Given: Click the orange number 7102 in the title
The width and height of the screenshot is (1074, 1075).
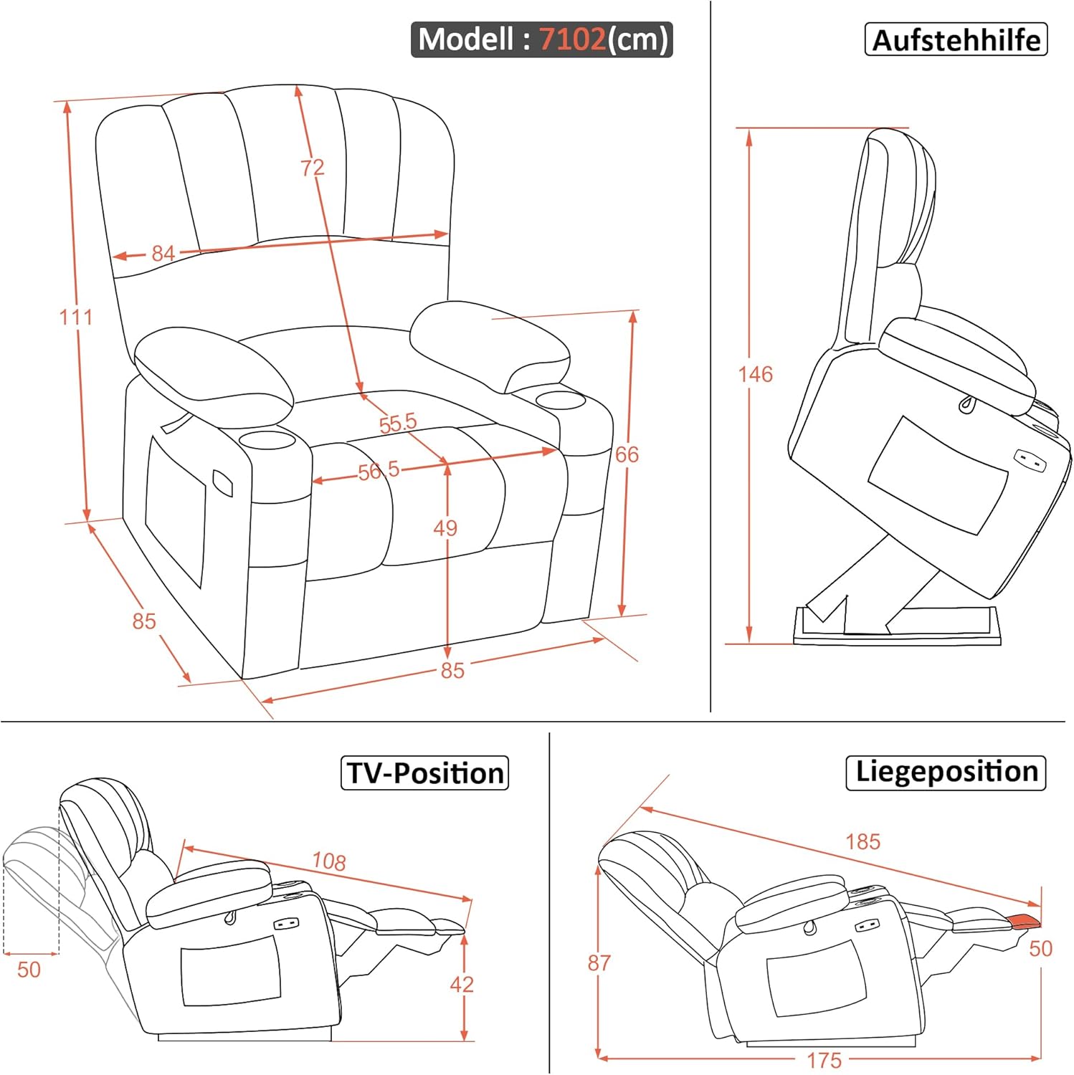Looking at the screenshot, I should [x=572, y=39].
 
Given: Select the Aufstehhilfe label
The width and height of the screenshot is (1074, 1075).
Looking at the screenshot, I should [x=956, y=39].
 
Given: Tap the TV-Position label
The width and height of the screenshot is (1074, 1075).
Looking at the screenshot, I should [x=424, y=773].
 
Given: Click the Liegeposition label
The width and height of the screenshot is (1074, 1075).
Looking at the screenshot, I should [x=946, y=772].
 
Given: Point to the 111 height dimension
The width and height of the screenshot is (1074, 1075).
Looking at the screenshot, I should [x=75, y=317].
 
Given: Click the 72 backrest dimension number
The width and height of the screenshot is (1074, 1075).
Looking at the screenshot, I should [x=312, y=168].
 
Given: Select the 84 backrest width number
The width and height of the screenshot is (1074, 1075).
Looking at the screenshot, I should [x=163, y=254].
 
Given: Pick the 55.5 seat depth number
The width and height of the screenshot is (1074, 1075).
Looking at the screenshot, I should [x=397, y=423].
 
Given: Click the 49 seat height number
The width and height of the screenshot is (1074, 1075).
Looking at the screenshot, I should [x=445, y=528].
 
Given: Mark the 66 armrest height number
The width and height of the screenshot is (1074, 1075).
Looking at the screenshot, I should [x=627, y=454].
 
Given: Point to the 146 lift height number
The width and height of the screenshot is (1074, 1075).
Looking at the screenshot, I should [x=756, y=374].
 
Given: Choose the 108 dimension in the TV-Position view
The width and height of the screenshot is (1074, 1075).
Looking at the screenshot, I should [x=329, y=861].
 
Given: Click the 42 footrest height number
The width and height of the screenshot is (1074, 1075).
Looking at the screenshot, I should [x=462, y=985].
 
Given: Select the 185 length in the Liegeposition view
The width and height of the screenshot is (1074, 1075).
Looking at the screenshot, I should [x=862, y=841].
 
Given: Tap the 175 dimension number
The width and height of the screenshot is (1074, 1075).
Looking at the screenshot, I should [x=824, y=1061].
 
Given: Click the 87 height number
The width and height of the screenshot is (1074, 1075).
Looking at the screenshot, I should [x=599, y=963].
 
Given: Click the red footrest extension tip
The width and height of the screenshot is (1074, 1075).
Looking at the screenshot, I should [x=1024, y=921].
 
